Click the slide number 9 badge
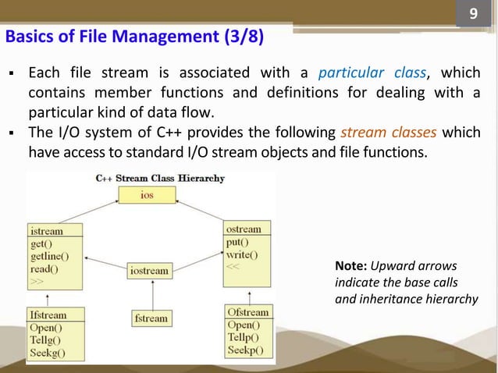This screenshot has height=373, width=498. click(x=471, y=16)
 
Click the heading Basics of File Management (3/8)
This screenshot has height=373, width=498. click(x=134, y=37)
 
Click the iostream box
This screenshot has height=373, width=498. click(x=149, y=271)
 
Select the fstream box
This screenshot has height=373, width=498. click(x=151, y=318)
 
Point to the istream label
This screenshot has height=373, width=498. click(x=47, y=232)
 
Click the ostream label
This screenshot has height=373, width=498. click(x=243, y=229)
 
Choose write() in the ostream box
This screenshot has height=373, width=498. click(x=243, y=254)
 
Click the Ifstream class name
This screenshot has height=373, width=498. click(x=48, y=315)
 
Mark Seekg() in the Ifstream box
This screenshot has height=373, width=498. click(x=48, y=353)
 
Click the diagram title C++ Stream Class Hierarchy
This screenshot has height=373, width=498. click(x=160, y=178)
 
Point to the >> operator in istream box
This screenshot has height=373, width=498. click(x=37, y=279)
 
